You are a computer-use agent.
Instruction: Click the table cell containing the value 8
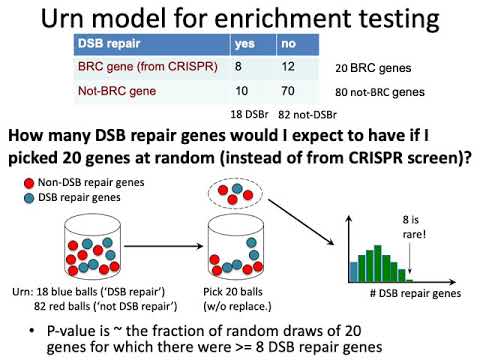pyautogui.click(x=238, y=68)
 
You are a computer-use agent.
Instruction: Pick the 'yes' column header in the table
pyautogui.click(x=244, y=44)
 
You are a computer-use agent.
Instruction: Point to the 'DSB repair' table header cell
pyautogui.click(x=110, y=44)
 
